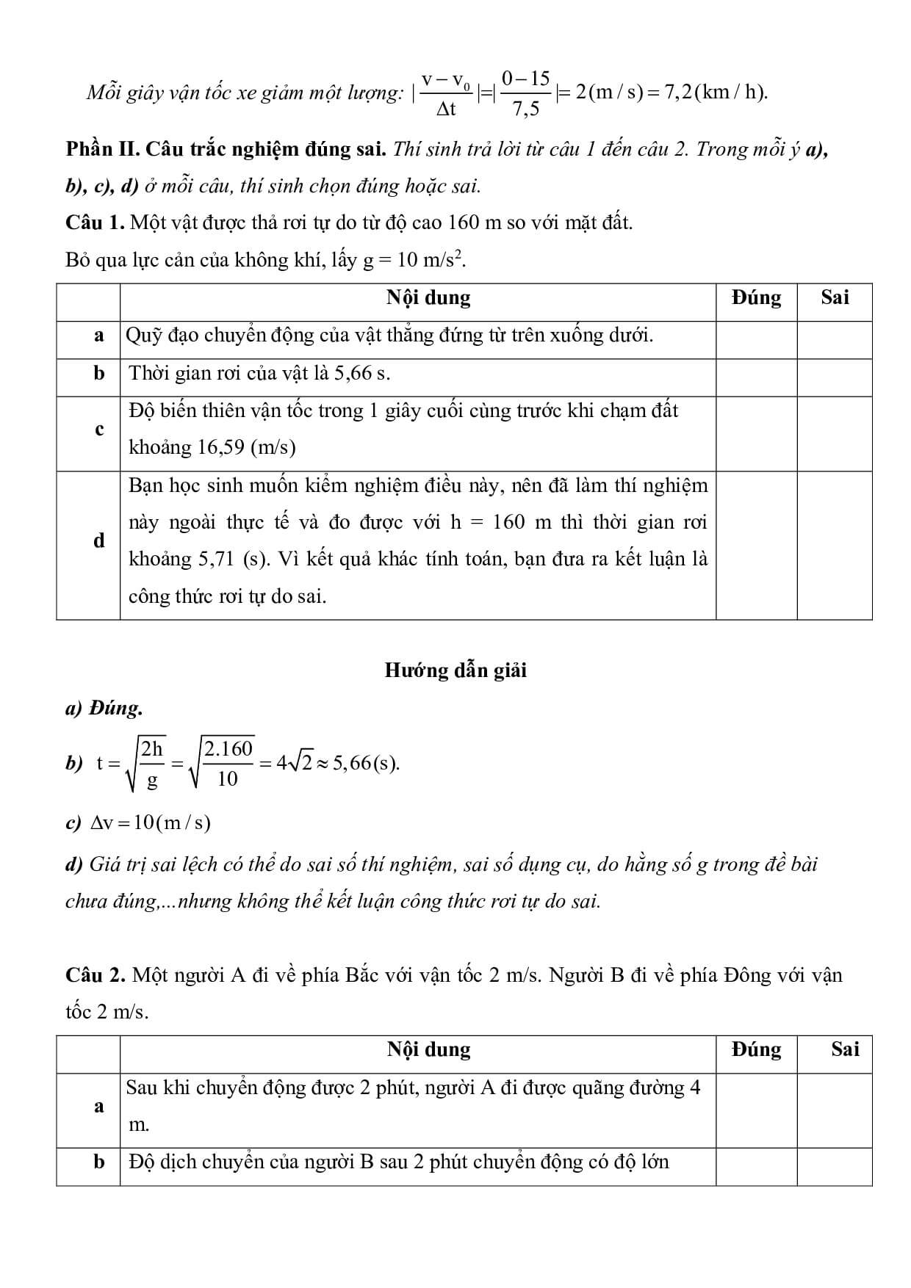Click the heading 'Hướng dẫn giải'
[455, 670]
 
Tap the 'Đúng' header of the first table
[756, 297]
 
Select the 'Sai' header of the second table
[845, 1049]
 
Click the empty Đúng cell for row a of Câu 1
[756, 339]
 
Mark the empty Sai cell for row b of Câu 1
[835, 377]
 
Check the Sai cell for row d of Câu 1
[835, 545]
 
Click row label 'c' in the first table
[99, 430]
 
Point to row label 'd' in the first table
[99, 541]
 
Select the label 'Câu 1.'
[95, 222]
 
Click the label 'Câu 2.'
[95, 975]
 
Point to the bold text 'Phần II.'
[102, 149]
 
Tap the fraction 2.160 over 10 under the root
[228, 764]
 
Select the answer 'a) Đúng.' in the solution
[104, 709]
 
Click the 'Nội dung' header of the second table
[428, 1049]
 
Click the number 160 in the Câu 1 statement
[463, 222]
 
